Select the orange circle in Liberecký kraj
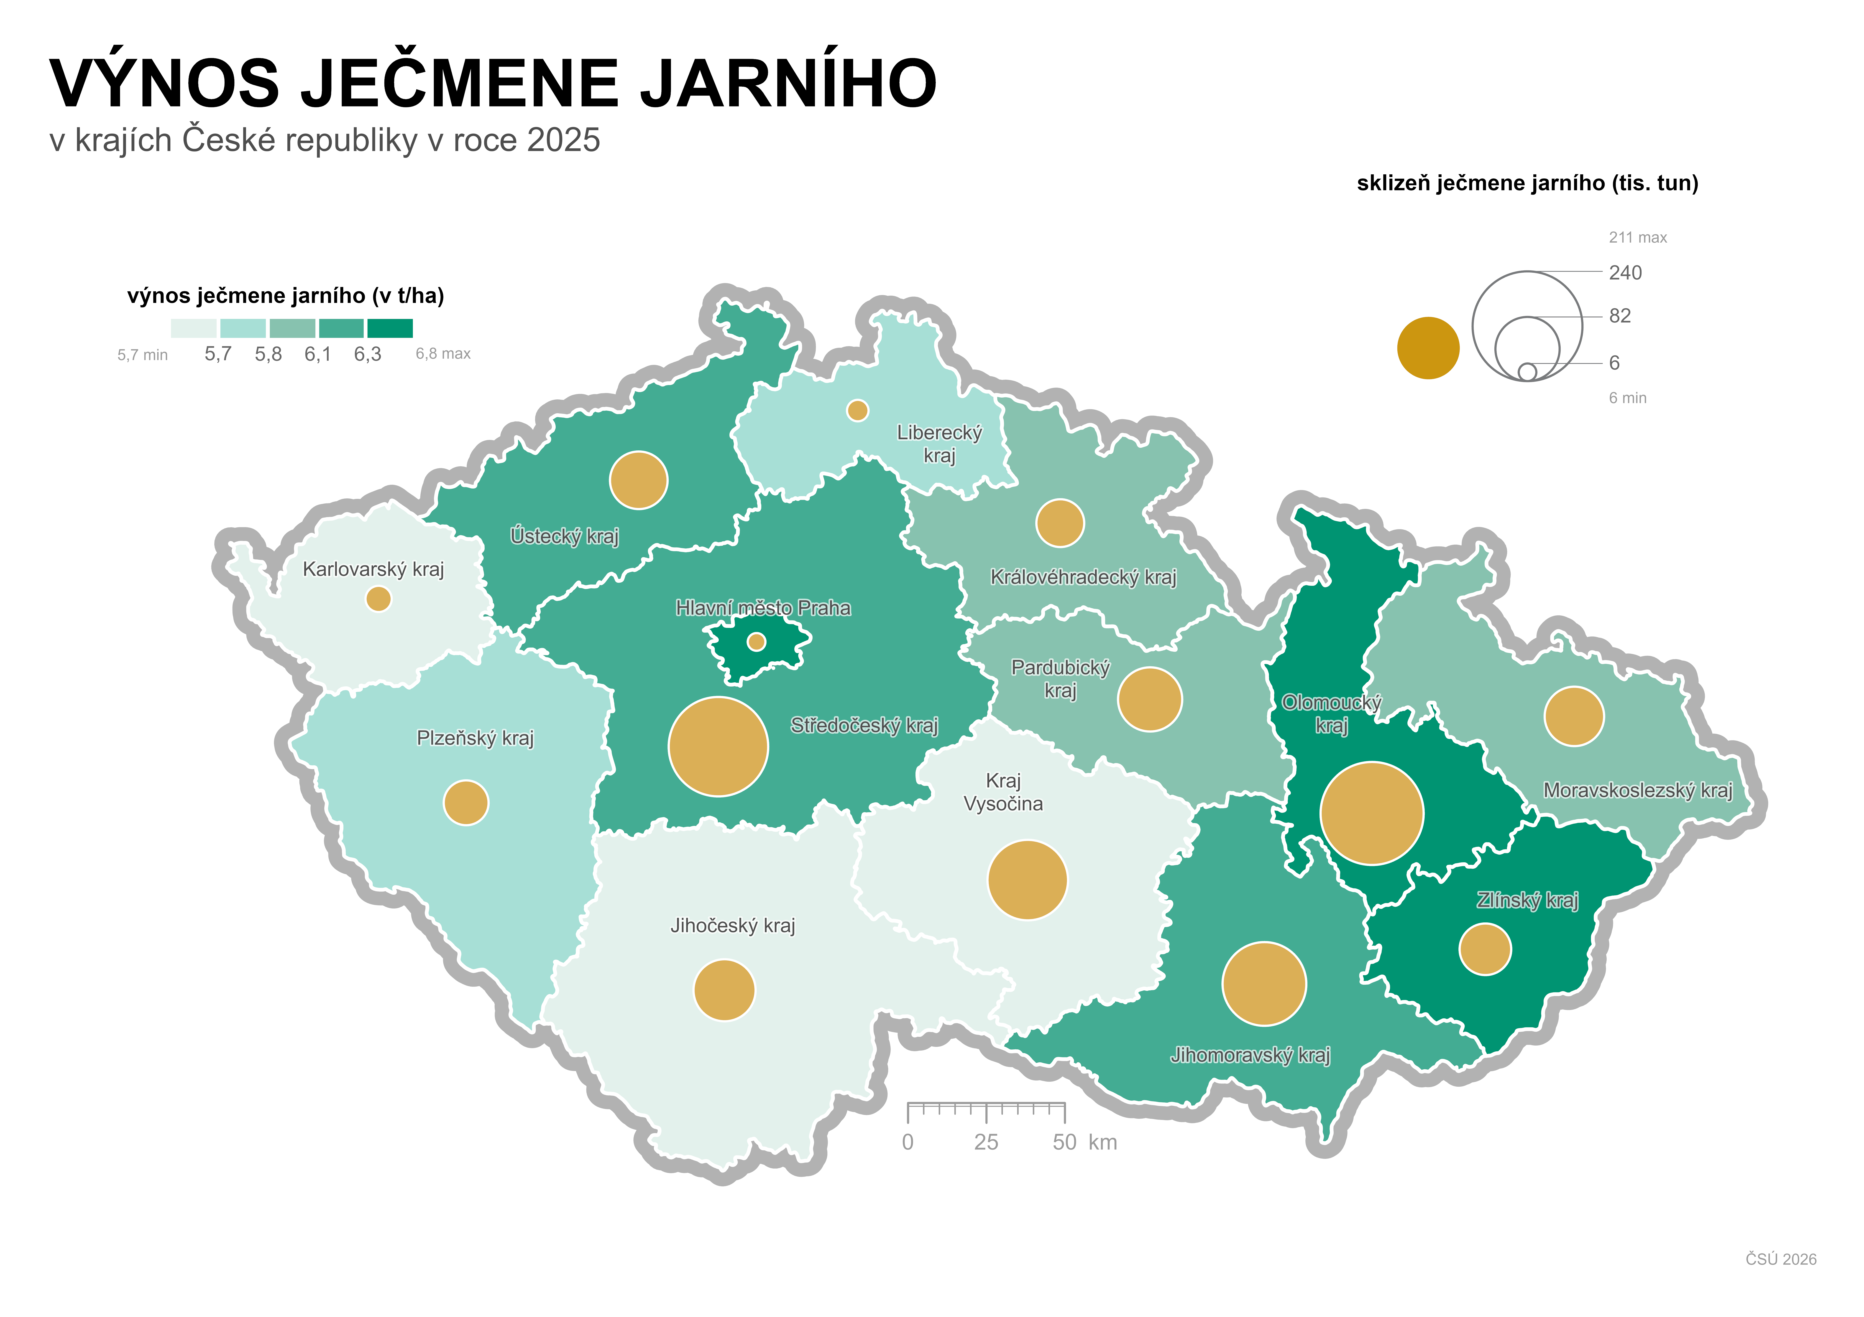point(857,411)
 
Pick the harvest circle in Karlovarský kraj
point(378,599)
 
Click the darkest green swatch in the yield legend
point(390,328)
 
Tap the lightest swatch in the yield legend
point(193,328)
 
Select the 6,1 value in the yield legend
point(317,354)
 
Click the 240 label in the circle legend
point(1625,273)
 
